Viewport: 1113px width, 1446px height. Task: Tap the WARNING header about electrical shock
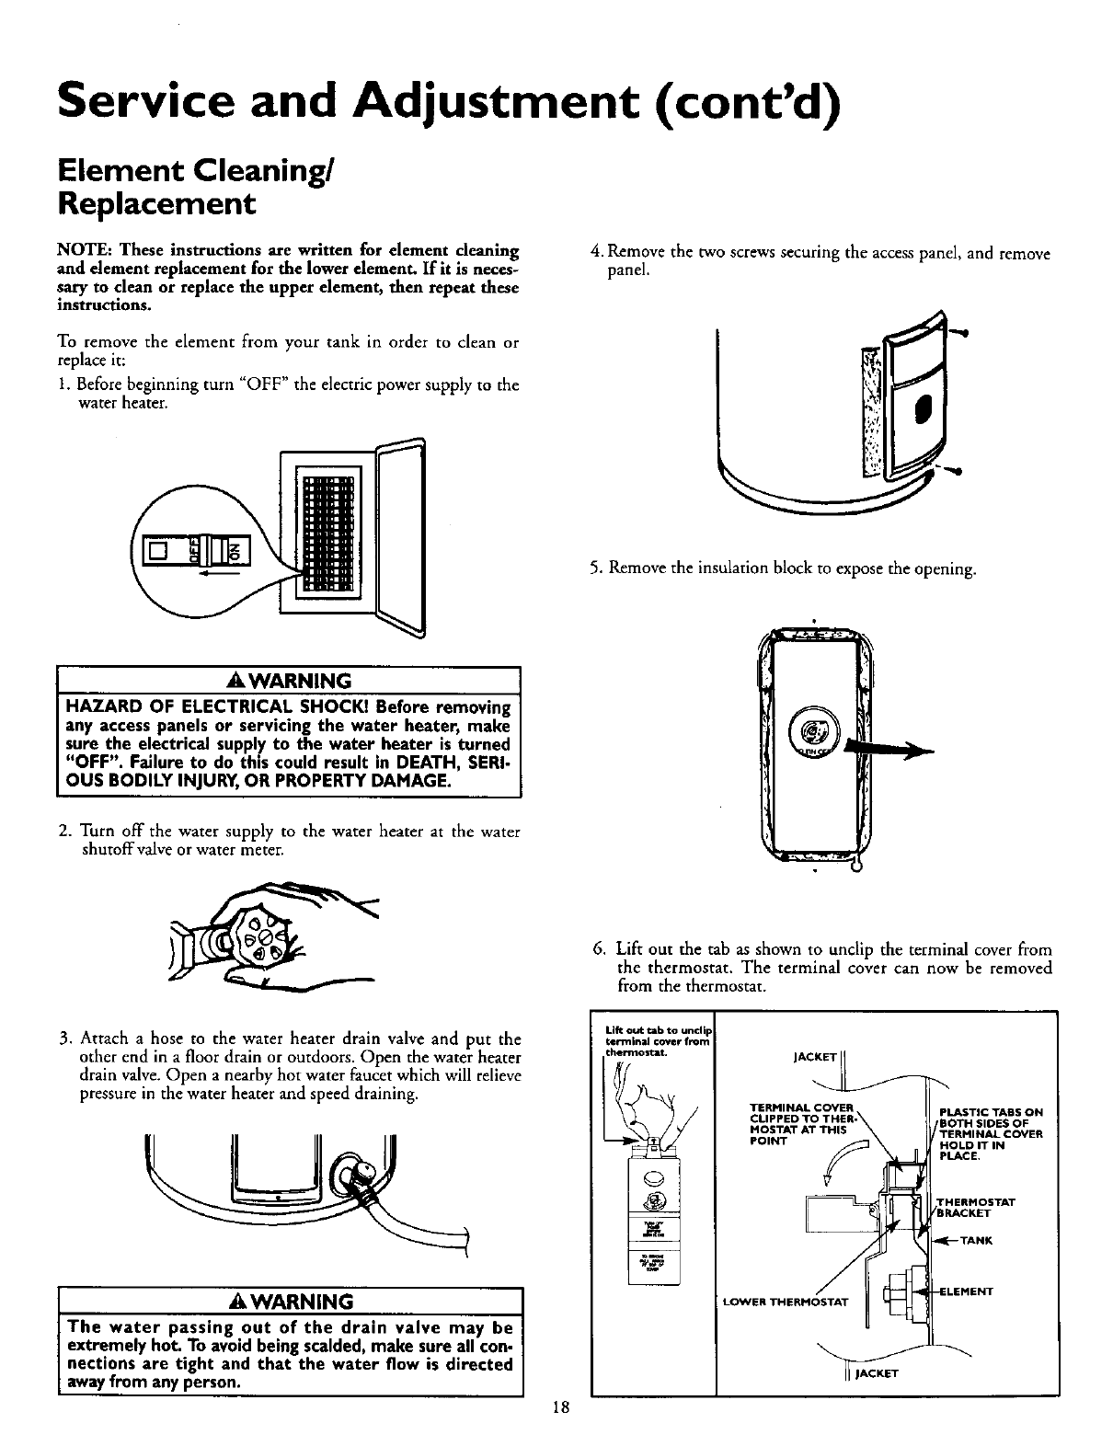[290, 682]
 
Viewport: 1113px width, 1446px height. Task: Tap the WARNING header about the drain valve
[290, 1303]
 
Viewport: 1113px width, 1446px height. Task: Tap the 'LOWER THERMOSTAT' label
[781, 1300]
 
